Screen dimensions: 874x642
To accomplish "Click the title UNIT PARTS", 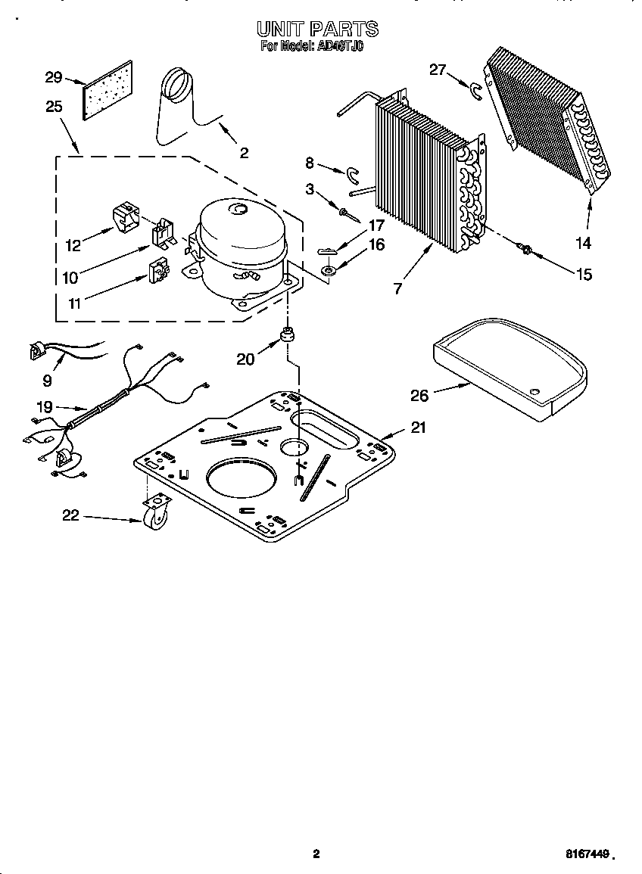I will (x=317, y=30).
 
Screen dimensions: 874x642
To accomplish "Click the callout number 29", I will (x=53, y=77).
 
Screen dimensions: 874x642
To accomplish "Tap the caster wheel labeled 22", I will (x=154, y=514).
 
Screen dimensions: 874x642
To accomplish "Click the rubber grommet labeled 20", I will (x=288, y=334).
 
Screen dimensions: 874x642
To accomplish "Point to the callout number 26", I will (x=419, y=395).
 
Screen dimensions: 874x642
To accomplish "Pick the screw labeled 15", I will (x=523, y=247).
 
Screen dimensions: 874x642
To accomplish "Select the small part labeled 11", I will (x=159, y=270).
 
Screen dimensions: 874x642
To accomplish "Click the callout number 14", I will (x=583, y=244).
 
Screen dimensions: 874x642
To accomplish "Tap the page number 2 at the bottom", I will (x=316, y=854).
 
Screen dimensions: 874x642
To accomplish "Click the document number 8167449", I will (x=587, y=854).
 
